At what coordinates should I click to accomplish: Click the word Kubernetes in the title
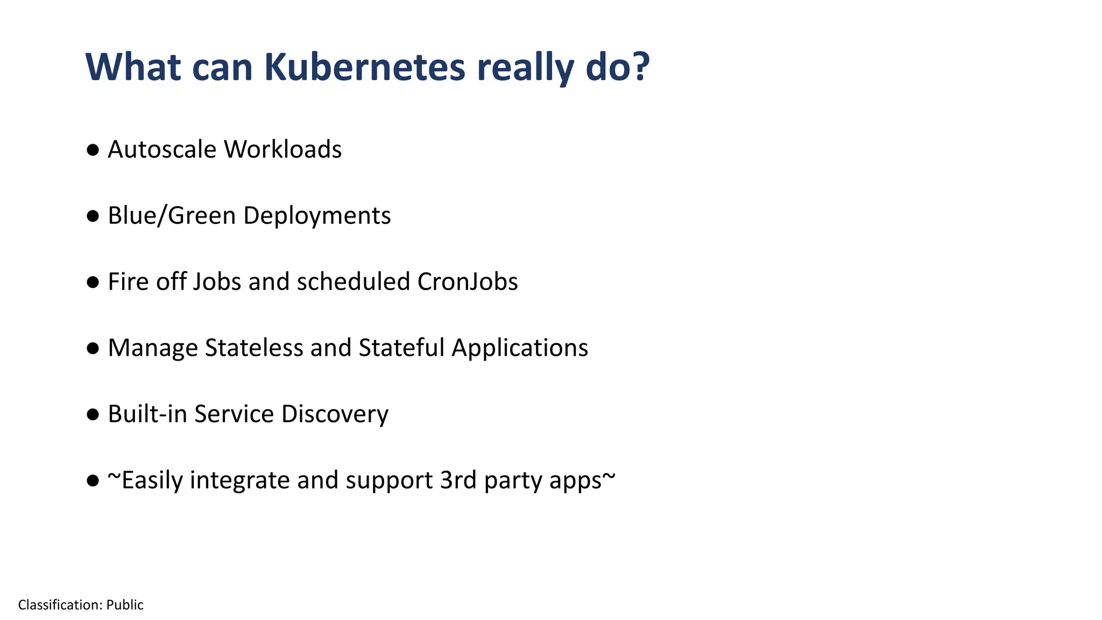coord(364,67)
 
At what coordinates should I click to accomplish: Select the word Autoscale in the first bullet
coord(162,150)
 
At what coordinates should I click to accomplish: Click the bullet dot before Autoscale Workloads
coord(93,150)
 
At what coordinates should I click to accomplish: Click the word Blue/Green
coord(172,216)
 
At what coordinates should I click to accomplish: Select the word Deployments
coord(317,216)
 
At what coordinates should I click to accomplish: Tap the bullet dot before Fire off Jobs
coord(93,283)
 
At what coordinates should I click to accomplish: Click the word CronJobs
coord(467,282)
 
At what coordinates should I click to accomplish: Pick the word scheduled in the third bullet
coord(354,282)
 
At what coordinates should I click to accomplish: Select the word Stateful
coord(401,348)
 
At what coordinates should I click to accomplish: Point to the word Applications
coord(520,348)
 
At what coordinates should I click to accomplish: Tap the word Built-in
coord(147,414)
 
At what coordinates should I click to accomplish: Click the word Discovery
coord(335,414)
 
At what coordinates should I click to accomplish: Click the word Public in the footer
coord(125,605)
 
